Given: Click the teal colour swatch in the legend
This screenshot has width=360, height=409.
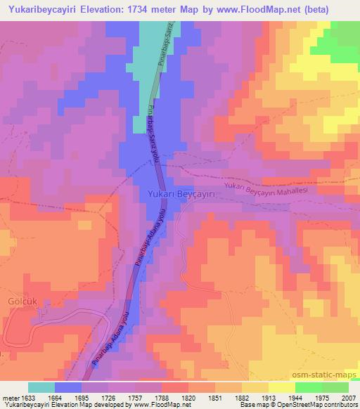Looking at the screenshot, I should [41, 387].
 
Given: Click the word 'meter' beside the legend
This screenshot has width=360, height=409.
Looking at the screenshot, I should [9, 398].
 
